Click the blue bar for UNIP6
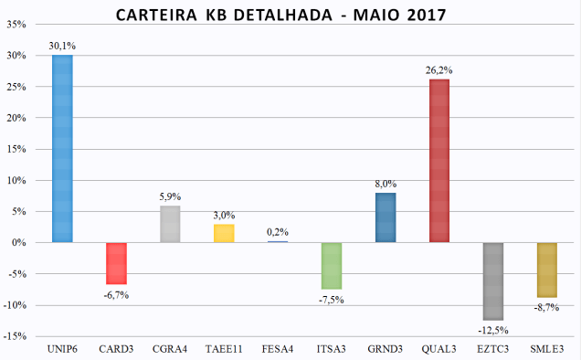click(x=62, y=149)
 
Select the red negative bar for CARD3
click(x=116, y=263)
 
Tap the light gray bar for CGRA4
click(x=170, y=224)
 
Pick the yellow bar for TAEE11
click(x=224, y=233)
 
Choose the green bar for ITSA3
click(x=332, y=266)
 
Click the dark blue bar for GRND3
click(x=386, y=217)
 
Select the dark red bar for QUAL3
click(x=438, y=161)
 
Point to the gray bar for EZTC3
click(x=493, y=281)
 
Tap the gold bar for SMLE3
click(x=547, y=270)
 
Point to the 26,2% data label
click(x=439, y=70)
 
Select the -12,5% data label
click(x=493, y=329)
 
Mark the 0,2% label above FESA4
click(x=278, y=232)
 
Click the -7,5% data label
click(x=332, y=299)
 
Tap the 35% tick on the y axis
click(x=16, y=24)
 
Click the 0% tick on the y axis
click(x=18, y=243)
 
